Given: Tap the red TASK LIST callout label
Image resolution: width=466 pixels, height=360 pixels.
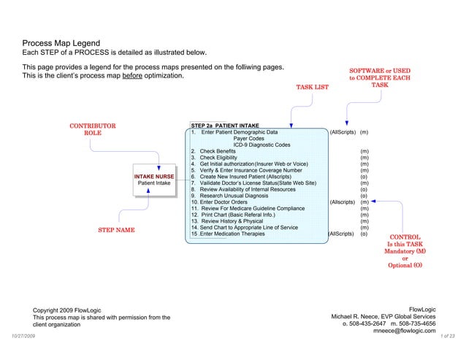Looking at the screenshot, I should (312, 88).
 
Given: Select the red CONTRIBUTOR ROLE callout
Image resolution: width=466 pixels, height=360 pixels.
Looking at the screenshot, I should (93, 130).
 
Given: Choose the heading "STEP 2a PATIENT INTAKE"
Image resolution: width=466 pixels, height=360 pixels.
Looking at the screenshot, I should (220, 126).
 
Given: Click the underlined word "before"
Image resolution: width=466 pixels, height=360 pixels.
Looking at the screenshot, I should (132, 76).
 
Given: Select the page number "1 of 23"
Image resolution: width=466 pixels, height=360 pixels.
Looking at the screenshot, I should (448, 335).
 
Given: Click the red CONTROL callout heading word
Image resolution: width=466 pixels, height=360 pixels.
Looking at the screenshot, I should (405, 237).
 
